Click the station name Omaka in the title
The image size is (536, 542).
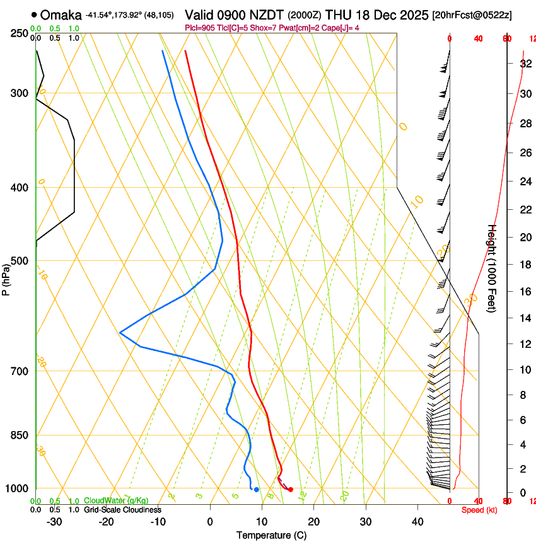61,15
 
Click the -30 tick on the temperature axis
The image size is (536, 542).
55,522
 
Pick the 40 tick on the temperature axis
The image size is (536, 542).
417,522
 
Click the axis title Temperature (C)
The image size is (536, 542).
271,535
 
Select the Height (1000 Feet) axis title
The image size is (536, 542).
492,268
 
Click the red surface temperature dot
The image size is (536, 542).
291,490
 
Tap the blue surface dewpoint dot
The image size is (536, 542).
256,490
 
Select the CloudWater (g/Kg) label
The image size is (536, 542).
116,500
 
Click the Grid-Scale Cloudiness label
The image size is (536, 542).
122,509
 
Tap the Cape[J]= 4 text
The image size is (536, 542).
341,28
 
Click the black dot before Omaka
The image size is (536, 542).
34,15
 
